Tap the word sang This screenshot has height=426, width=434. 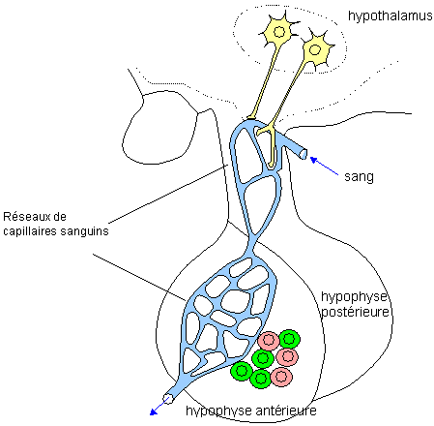pos(359,178)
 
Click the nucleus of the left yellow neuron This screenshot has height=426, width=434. pos(279,33)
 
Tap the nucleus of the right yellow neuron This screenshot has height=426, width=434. pos(313,47)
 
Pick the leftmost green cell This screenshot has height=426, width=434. pos(241,370)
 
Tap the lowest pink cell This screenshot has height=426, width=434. pos(281,376)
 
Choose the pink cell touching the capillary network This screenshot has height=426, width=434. pos(269,341)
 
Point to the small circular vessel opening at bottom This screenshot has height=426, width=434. pos(168,398)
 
